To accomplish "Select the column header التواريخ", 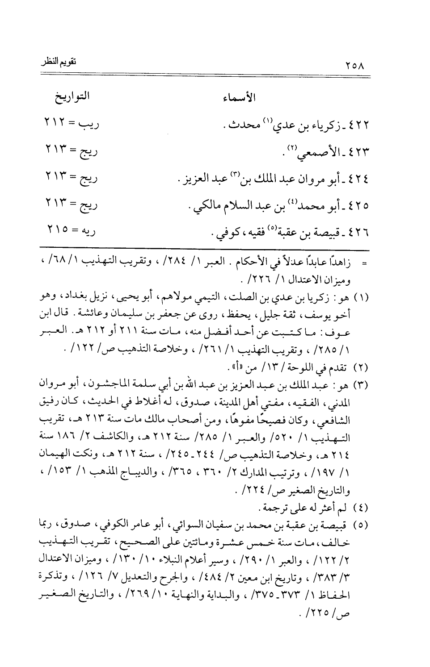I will pyautogui.click(x=71, y=98).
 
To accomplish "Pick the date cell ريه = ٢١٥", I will pyautogui.click(x=71, y=232).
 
